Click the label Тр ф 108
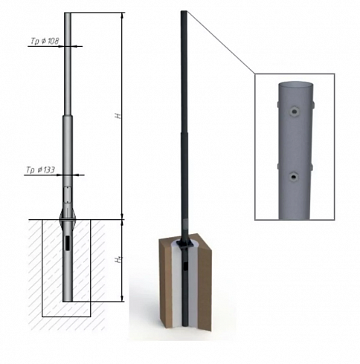click(45, 41)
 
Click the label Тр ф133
click(41, 170)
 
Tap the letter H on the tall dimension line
click(119, 115)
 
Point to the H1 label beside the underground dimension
click(119, 260)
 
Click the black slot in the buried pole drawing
click(68, 243)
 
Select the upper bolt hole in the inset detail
click(294, 112)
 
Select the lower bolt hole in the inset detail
click(294, 178)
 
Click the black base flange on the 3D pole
click(184, 244)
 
